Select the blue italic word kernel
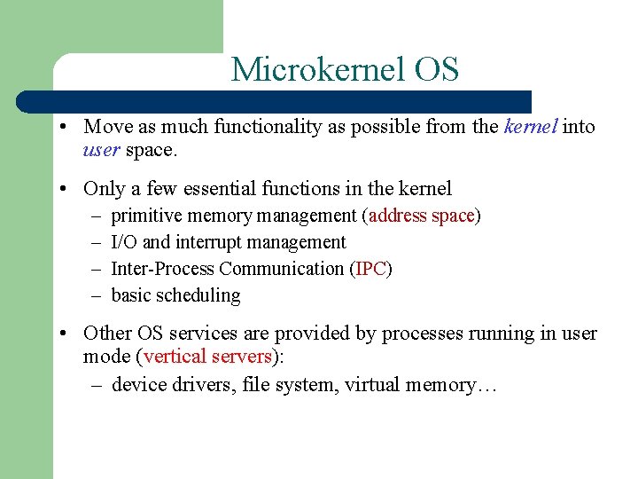[x=530, y=127]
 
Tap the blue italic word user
[x=102, y=150]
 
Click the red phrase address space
[x=422, y=216]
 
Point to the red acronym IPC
[x=371, y=269]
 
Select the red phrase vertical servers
[x=206, y=357]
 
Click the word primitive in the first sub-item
[x=146, y=216]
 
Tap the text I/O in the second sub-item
[x=124, y=242]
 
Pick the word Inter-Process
[x=163, y=269]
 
